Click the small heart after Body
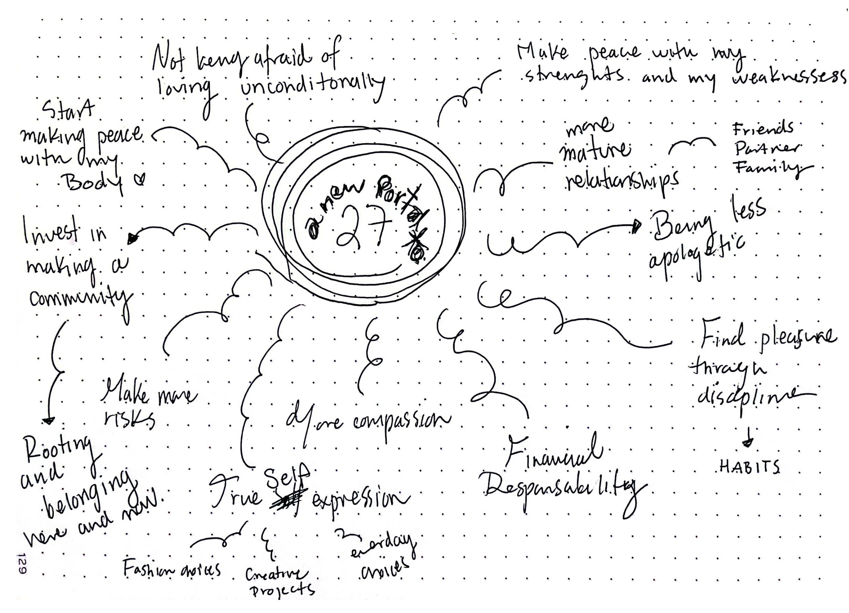click(x=140, y=180)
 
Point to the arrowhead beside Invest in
click(x=132, y=238)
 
